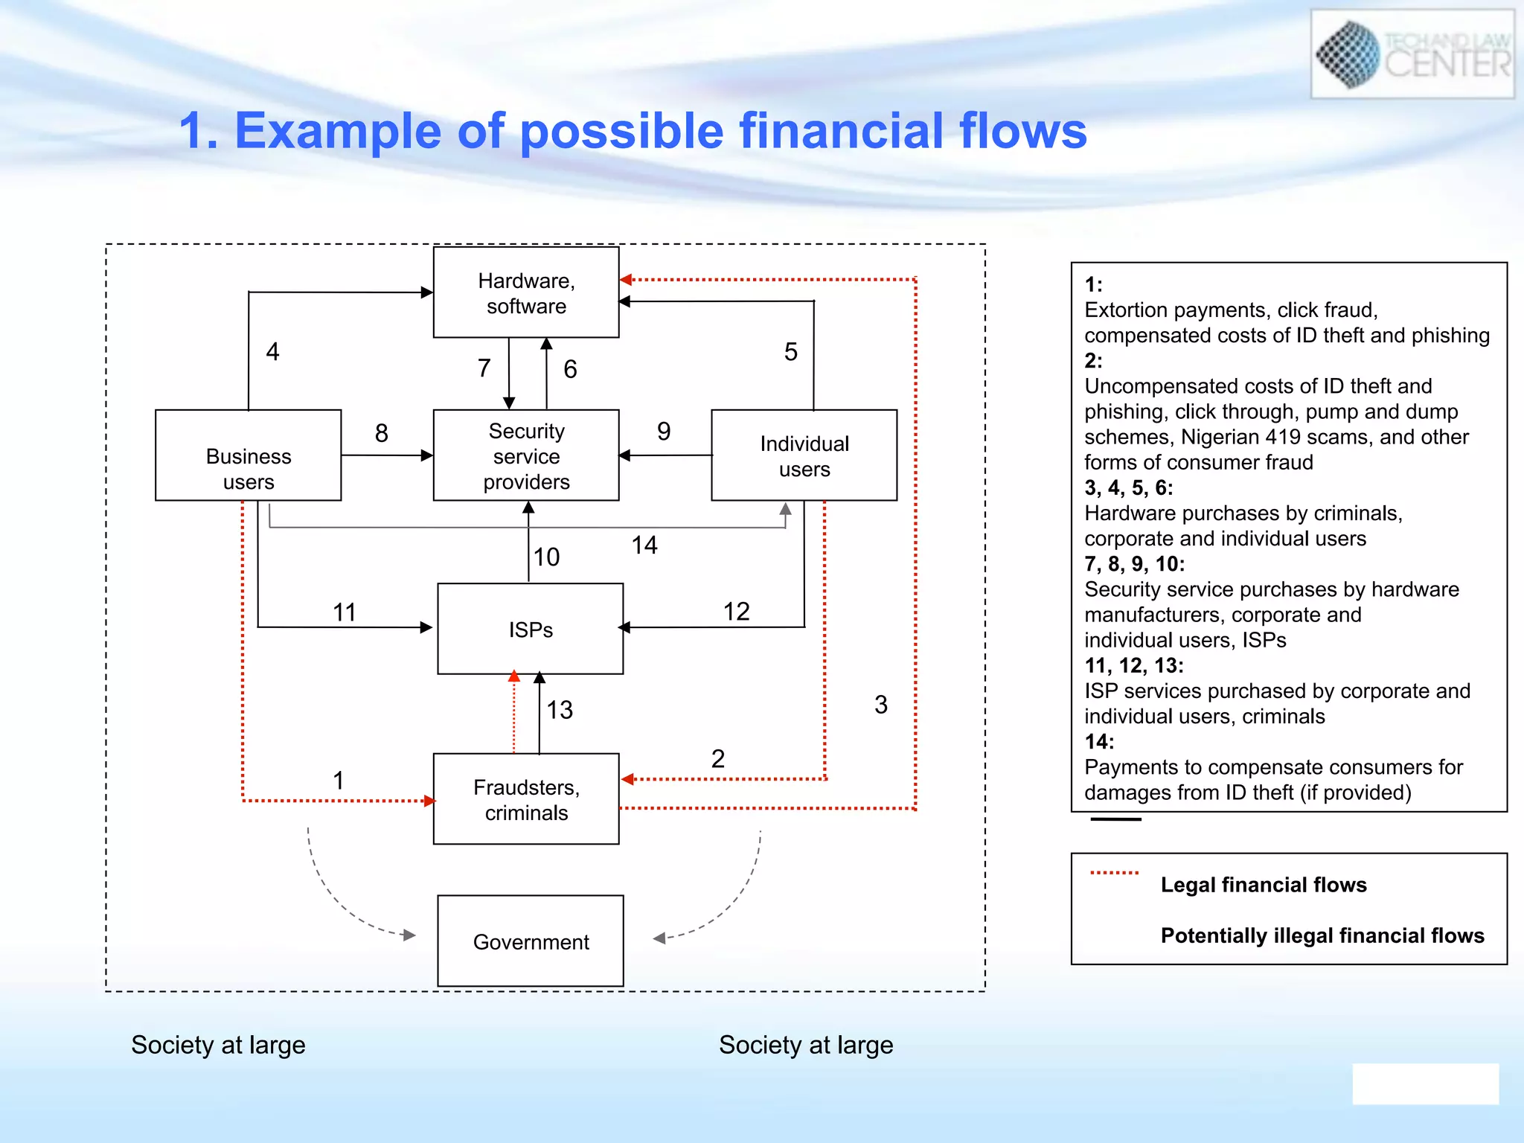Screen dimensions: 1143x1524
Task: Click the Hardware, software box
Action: coord(526,292)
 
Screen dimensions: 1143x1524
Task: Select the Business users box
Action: coord(248,455)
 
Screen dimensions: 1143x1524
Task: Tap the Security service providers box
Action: coord(526,455)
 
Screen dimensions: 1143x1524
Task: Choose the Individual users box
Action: coord(804,455)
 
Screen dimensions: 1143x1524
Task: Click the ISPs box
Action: coord(530,629)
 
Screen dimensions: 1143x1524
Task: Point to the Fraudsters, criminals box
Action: coord(526,799)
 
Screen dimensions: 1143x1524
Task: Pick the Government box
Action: coord(530,941)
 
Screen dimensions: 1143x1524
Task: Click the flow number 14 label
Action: coord(644,545)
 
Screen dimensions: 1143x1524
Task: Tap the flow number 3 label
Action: coord(881,705)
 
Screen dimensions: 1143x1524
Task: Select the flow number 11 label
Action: coord(344,612)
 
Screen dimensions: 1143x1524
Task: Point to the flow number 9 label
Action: coord(664,432)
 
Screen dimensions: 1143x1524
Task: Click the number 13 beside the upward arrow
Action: coord(560,710)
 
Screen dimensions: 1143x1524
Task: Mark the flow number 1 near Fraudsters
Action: coord(339,781)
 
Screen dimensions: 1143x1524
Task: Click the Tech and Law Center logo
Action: coord(1412,54)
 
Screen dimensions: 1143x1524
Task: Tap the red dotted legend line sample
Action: coord(1114,873)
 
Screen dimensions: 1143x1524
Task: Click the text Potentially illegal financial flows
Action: coord(1322,935)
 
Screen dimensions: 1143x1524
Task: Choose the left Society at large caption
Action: coord(218,1045)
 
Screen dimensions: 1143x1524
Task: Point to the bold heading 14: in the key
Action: coord(1099,742)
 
